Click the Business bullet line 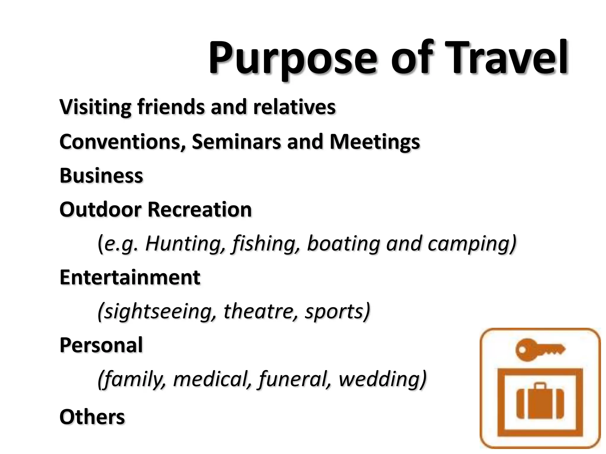coord(101,176)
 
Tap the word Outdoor coord(100,210)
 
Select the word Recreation coord(199,210)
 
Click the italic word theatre coord(260,312)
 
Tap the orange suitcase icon coord(540,402)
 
